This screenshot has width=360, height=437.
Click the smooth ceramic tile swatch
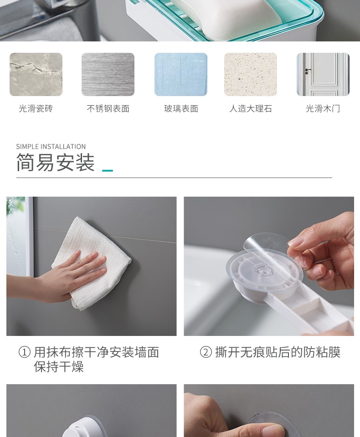36,74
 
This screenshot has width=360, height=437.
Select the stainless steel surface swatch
108,74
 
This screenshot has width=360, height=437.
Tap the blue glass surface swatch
180,74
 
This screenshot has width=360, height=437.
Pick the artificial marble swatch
251,74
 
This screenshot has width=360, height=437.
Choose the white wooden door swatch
323,74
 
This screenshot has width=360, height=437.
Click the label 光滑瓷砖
36,109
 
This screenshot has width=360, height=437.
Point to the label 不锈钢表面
108,109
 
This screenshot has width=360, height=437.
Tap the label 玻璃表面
181,109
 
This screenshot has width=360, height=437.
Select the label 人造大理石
251,109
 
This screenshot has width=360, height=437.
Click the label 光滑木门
323,109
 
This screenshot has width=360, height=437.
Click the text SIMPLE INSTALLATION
51,147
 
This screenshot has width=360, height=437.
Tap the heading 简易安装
55,163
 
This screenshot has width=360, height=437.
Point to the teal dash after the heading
108,171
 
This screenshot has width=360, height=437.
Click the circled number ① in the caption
24,352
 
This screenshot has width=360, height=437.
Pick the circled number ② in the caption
206,352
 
